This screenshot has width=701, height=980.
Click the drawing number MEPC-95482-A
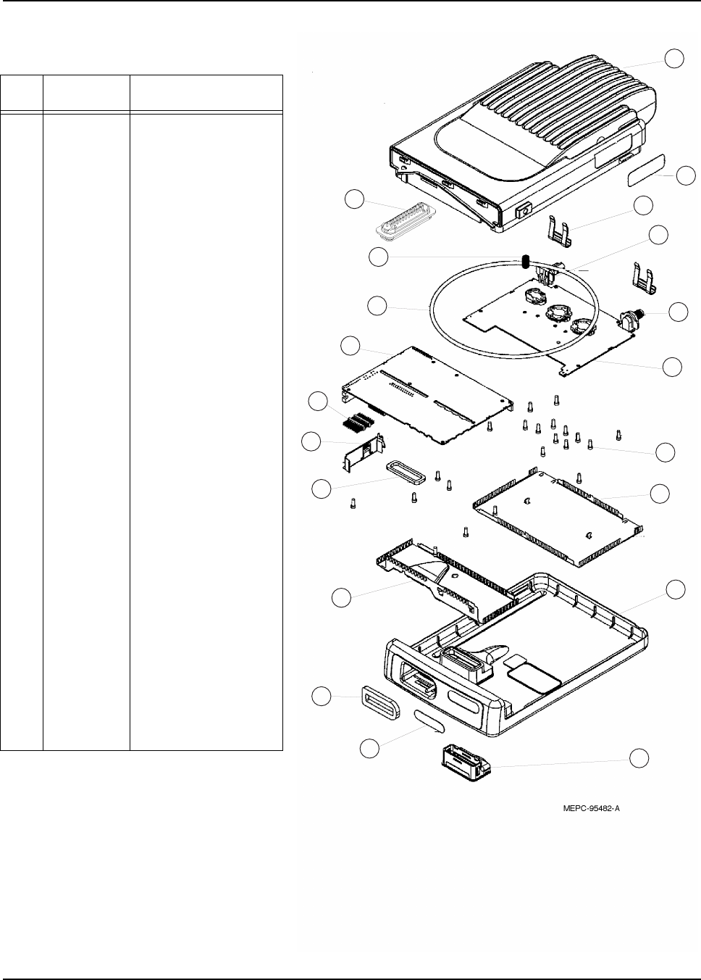click(590, 810)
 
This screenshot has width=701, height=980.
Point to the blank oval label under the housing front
click(432, 723)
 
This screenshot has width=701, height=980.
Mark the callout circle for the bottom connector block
click(638, 758)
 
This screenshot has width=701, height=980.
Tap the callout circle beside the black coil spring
click(378, 257)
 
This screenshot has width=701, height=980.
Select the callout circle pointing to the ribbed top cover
click(675, 58)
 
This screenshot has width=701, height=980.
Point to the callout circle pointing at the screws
click(665, 452)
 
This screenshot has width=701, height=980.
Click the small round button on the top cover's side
click(521, 213)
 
